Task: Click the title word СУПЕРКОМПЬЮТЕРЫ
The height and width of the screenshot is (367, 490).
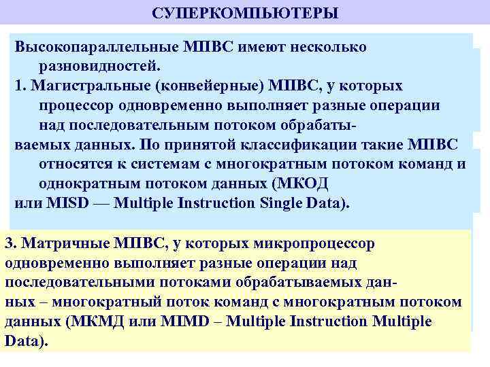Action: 245,14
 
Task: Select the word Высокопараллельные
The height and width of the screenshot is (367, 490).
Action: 96,47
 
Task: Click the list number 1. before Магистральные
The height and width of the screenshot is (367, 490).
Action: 20,86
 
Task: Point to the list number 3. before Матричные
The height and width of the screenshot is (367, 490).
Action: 12,243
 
